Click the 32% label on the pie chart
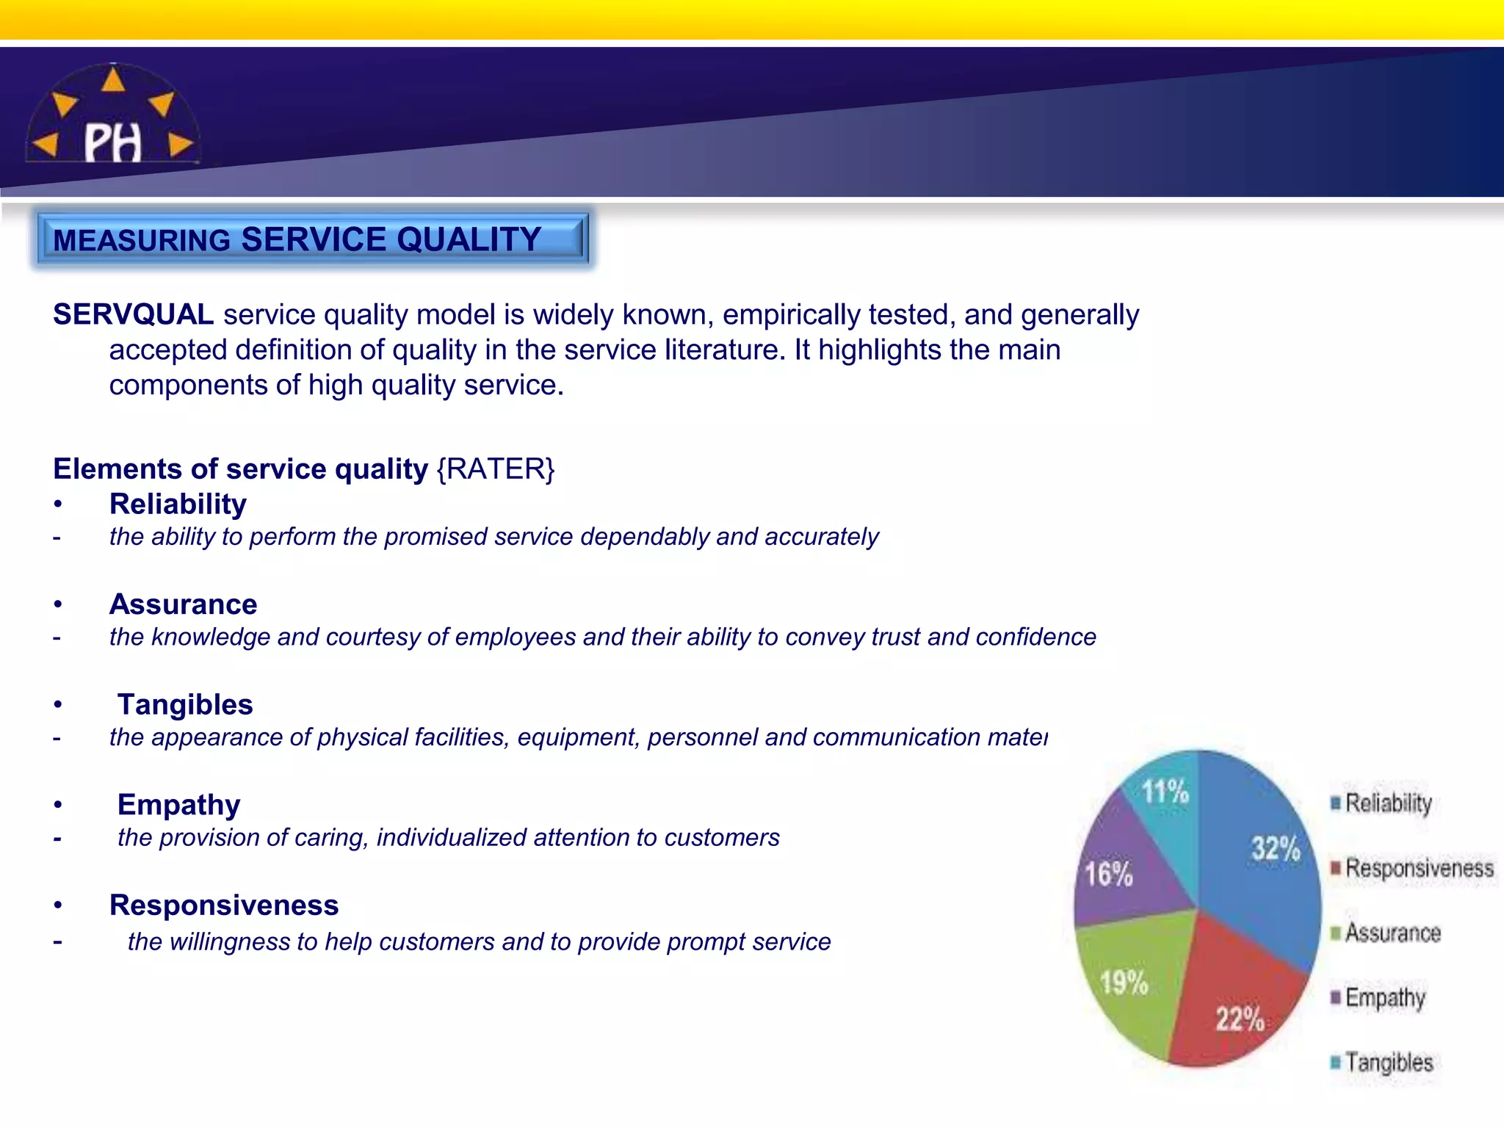coord(1276,849)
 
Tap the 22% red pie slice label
coord(1240,1019)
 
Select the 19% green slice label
coord(1124,983)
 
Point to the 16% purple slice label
coord(1109,875)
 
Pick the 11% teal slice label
coord(1165,792)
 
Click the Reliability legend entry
coord(1387,803)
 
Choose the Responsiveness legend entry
coord(1418,869)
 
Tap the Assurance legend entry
coord(1392,933)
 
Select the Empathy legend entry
coord(1384,998)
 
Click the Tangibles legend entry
coord(1388,1063)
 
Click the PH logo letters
coord(112,142)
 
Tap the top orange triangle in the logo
coord(112,79)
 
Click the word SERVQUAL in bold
coord(133,315)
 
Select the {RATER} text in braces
coord(496,469)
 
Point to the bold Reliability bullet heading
coord(178,505)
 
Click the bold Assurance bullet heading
coord(183,604)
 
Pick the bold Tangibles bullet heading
coord(185,705)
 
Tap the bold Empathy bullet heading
coord(178,805)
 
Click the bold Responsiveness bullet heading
coord(224,905)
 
